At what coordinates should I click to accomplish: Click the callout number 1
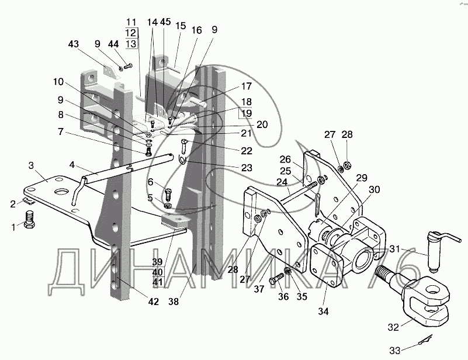(x=13, y=227)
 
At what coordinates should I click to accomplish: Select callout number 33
(x=395, y=350)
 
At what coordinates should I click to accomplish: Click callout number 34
(x=323, y=311)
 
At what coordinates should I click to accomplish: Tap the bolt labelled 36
(x=275, y=279)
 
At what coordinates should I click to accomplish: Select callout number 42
(x=154, y=302)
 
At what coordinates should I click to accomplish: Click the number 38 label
(x=174, y=302)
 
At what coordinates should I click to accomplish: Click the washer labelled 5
(x=168, y=206)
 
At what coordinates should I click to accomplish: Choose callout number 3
(x=31, y=165)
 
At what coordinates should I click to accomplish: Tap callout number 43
(x=74, y=44)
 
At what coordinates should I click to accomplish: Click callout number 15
(x=181, y=26)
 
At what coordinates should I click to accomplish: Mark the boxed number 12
(x=131, y=33)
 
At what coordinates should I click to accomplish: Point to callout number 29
(x=362, y=178)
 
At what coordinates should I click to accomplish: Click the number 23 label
(x=247, y=168)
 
